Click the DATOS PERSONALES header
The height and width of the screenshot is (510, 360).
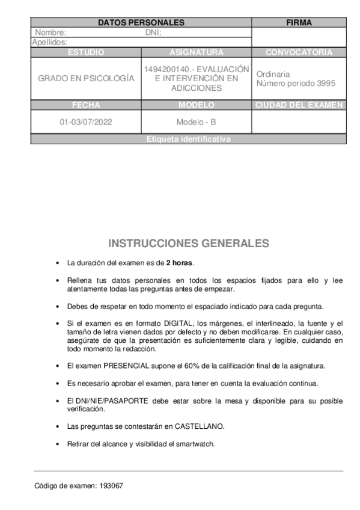point(141,23)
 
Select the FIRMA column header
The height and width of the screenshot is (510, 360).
point(299,23)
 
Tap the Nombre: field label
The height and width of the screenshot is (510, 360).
point(50,32)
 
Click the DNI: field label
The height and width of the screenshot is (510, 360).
point(154,32)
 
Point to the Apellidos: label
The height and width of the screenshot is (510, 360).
point(49,42)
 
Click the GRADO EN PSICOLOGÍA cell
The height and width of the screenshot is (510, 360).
point(86,78)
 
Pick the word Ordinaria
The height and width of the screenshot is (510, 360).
point(273,74)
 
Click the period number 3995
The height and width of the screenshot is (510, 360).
point(325,84)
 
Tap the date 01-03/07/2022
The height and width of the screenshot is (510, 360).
point(86,122)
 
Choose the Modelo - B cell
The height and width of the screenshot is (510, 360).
point(196,122)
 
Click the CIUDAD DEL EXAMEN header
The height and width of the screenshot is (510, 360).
point(299,105)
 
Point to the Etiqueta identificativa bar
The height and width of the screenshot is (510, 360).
point(188,140)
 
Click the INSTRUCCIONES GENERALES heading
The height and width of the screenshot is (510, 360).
point(188,244)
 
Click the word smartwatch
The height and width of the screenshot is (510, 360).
point(195,444)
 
